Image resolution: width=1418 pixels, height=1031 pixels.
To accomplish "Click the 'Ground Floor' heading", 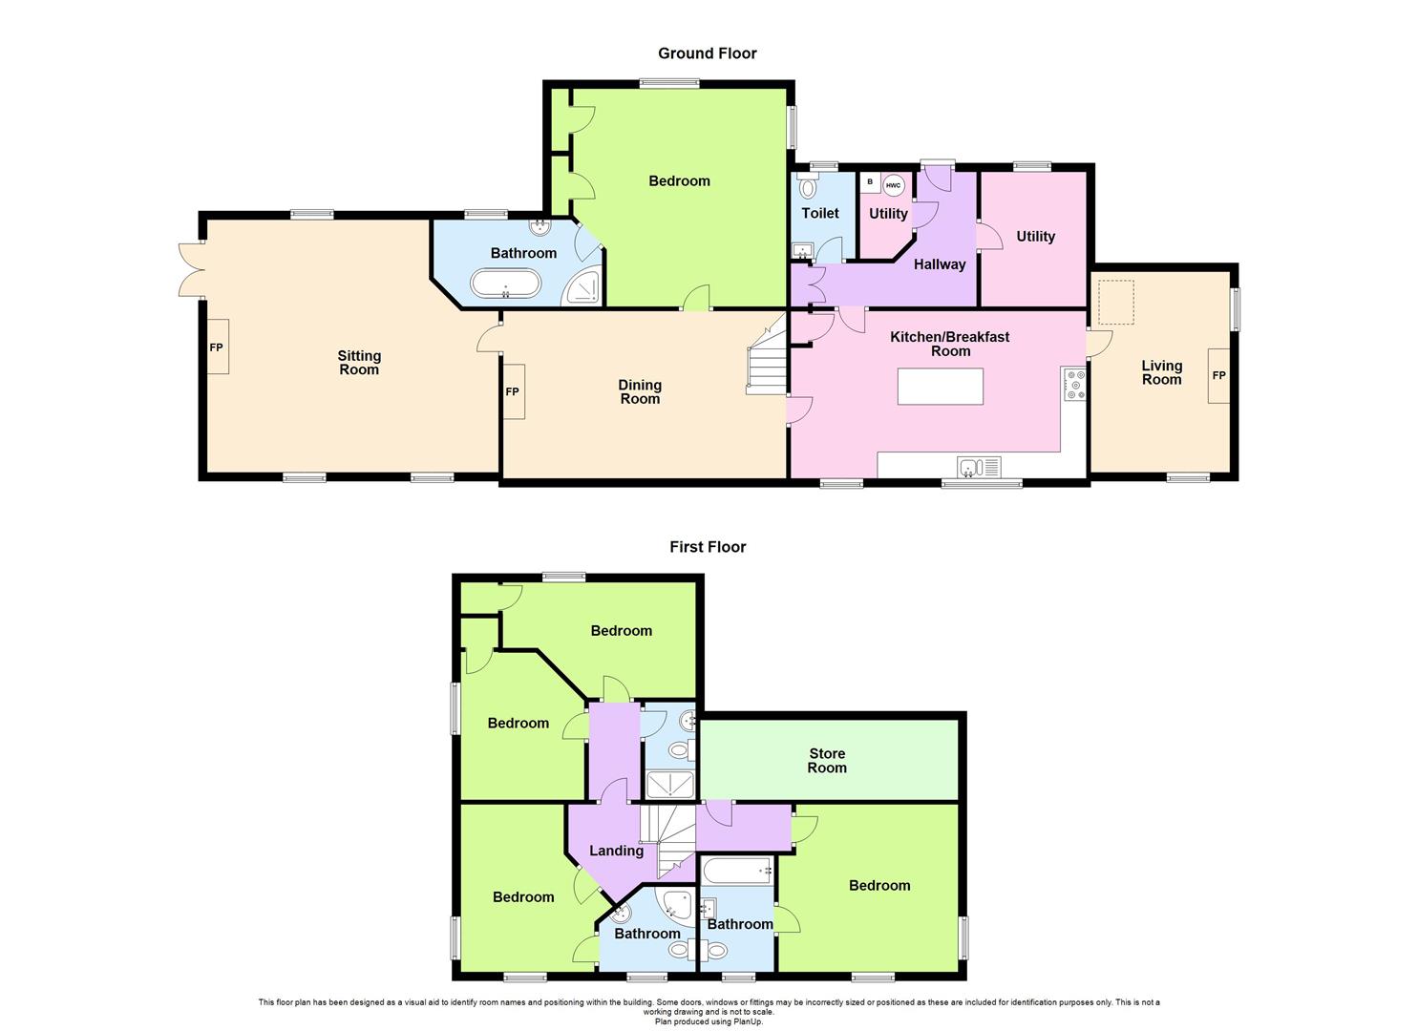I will click(707, 53).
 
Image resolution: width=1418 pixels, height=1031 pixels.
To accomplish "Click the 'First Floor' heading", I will click(707, 547).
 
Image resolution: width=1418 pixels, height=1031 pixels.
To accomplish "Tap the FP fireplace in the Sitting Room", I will click(217, 347).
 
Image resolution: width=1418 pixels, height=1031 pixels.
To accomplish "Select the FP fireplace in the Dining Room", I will click(513, 391).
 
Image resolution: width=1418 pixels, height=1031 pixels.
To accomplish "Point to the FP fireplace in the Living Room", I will click(1218, 375).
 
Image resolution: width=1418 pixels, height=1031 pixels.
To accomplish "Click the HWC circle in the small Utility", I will click(893, 184).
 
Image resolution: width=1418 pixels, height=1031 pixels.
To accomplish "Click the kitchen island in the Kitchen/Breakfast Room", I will click(940, 386).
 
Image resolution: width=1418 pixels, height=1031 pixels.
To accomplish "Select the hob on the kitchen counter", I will click(1075, 384).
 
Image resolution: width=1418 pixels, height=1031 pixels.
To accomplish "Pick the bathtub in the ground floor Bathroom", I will click(505, 284).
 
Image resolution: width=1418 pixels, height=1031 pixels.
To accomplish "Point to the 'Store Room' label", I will click(827, 761).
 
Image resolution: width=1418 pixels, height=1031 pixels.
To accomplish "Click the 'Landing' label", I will click(616, 851).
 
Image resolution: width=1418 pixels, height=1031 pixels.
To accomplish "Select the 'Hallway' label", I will click(939, 264).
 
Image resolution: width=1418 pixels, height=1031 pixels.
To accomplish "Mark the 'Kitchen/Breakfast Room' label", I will click(949, 344).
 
